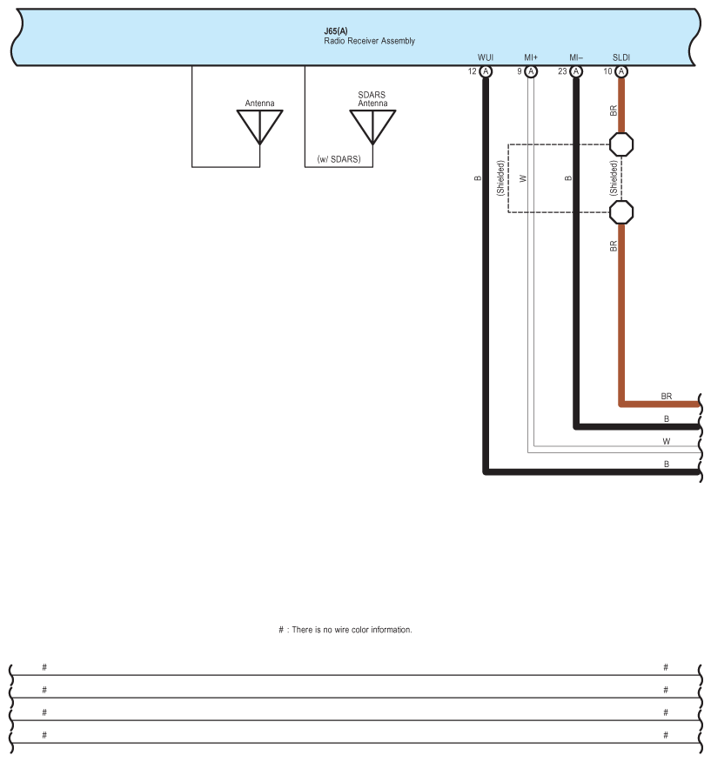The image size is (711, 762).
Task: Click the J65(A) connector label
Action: tap(335, 31)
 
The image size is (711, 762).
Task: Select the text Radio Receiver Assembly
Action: tap(369, 41)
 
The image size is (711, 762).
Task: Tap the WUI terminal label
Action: tap(486, 57)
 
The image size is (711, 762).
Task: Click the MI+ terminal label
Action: tap(531, 57)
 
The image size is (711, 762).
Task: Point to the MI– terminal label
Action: tap(576, 57)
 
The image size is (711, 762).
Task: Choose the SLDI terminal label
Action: tap(621, 57)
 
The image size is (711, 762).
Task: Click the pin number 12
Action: tap(473, 71)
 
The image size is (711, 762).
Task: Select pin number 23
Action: tap(562, 71)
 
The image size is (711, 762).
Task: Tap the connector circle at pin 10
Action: tap(621, 71)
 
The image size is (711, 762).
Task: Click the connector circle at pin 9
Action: tap(531, 71)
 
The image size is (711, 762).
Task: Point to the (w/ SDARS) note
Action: tap(339, 159)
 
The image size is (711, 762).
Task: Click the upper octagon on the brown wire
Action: tap(621, 144)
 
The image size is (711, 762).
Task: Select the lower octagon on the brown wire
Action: tap(621, 211)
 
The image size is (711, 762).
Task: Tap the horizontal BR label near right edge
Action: tap(667, 397)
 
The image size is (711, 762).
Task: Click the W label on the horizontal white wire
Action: tap(667, 442)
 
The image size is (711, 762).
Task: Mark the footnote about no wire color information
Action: tap(345, 630)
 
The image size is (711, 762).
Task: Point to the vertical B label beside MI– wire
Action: tap(567, 178)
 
